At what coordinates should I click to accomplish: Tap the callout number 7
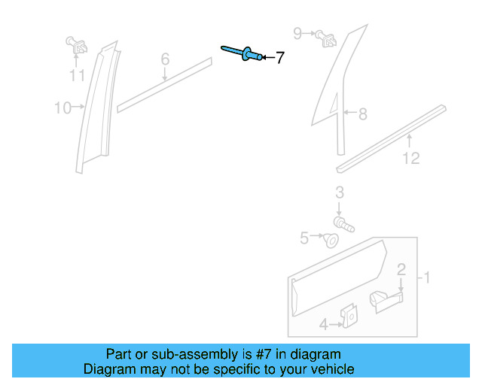tap(279, 58)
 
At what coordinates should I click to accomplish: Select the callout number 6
tap(165, 59)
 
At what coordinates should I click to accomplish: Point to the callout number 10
tap(63, 108)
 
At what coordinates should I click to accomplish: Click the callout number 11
tap(77, 75)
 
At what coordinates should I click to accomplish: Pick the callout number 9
tap(297, 33)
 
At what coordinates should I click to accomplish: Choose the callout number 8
tap(362, 114)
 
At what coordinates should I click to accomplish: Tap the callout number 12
tap(410, 159)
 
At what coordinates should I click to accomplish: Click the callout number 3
tap(340, 192)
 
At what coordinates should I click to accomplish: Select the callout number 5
tap(304, 238)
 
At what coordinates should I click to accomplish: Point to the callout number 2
tap(401, 269)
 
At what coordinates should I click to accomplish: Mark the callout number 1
tap(426, 279)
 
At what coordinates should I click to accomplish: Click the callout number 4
tap(322, 325)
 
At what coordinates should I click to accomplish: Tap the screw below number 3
tap(344, 223)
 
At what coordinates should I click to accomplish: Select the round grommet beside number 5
tap(330, 241)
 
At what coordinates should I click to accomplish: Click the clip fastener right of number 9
tap(326, 37)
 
